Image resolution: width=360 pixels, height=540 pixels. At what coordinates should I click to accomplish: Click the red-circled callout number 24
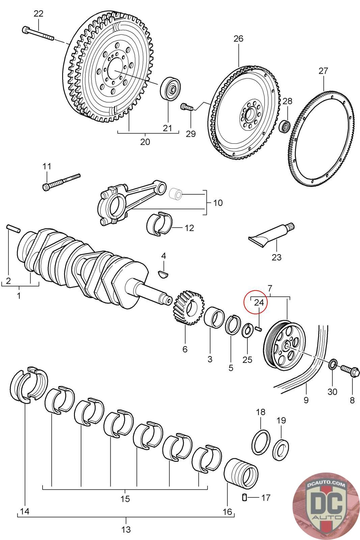click(259, 302)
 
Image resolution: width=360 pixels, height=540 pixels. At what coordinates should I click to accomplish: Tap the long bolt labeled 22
click(38, 33)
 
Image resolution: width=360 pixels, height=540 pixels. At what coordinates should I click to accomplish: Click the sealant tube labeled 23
click(271, 235)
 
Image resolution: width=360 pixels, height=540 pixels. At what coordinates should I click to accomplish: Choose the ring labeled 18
click(261, 442)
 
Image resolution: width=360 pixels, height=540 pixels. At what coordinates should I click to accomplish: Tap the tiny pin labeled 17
click(245, 497)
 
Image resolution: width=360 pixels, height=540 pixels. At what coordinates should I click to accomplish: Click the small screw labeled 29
click(188, 107)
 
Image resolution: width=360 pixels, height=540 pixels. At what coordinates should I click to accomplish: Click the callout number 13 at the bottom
click(126, 530)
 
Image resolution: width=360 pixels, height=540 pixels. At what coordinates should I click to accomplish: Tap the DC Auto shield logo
click(326, 506)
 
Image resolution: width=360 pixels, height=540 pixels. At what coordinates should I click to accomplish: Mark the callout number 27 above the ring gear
click(323, 71)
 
